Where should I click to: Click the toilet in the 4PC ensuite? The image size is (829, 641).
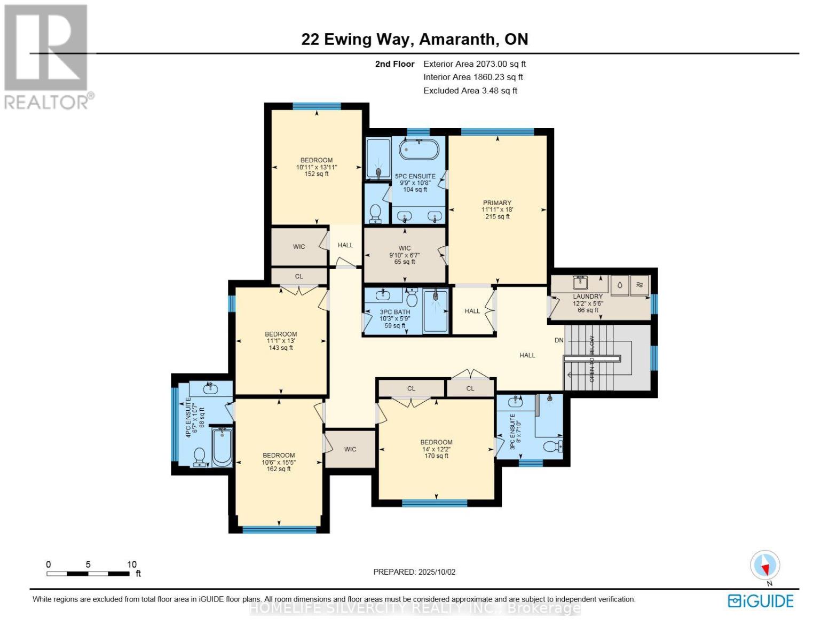click(x=200, y=456)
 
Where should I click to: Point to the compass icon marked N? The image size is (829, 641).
click(x=765, y=565)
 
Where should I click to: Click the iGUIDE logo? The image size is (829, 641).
click(x=761, y=601)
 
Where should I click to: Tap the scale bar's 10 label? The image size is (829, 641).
click(x=132, y=564)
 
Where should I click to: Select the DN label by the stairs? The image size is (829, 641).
click(x=559, y=340)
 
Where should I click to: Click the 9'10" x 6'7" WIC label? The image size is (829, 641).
click(x=405, y=255)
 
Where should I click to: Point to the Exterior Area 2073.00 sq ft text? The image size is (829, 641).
click(x=475, y=64)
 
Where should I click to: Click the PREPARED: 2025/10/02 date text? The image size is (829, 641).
click(x=414, y=572)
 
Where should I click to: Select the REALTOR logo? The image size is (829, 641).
click(x=47, y=56)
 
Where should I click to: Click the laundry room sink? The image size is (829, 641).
click(x=580, y=282)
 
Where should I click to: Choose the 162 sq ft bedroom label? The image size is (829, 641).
click(x=279, y=462)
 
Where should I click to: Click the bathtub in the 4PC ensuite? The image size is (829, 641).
click(x=222, y=448)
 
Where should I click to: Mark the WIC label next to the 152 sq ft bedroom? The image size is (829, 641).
click(x=299, y=246)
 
